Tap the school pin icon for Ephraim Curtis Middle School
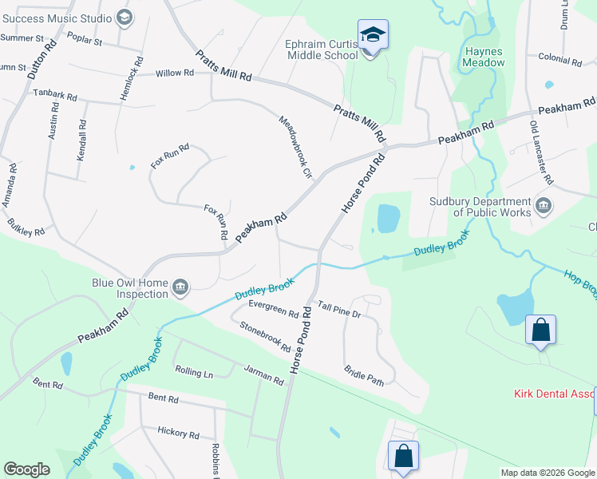(x=373, y=35)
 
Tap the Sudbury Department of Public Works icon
(x=545, y=205)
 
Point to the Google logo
(x=26, y=469)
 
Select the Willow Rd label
(x=175, y=73)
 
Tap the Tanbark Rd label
(x=55, y=95)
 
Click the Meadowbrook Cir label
(x=292, y=147)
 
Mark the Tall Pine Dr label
(x=339, y=310)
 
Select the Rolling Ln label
(x=194, y=373)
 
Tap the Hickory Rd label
(x=178, y=433)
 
